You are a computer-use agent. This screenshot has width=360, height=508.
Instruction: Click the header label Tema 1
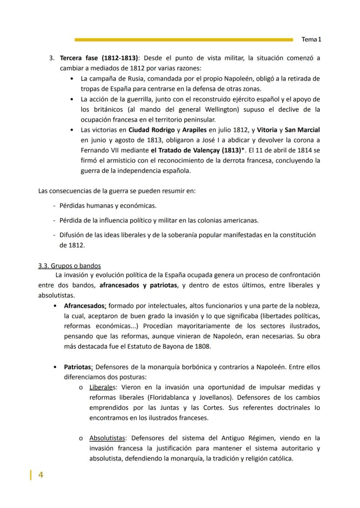tap(311, 40)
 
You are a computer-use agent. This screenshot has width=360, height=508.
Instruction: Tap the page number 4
tap(41, 475)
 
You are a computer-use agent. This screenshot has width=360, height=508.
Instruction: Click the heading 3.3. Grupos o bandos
tap(70, 266)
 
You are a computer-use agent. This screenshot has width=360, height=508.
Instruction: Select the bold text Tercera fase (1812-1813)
tap(99, 58)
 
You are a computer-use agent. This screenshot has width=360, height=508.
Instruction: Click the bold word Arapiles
tap(194, 129)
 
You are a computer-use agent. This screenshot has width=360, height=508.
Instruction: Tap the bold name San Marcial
tap(302, 129)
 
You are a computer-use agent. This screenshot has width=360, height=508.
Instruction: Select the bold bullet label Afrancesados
tap(84, 305)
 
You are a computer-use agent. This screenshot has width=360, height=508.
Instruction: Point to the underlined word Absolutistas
tap(108, 438)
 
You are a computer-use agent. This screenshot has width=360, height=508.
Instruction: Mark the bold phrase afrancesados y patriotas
tap(138, 286)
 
